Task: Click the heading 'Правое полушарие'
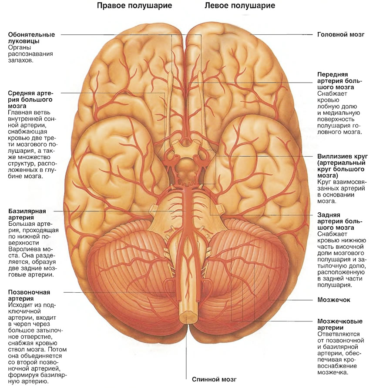[134, 6]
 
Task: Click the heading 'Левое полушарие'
[240, 6]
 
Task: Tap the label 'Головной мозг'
[341, 34]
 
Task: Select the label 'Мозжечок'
[334, 300]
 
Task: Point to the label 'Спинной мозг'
[214, 379]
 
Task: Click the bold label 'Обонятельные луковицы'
[31, 37]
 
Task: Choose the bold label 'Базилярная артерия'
[27, 214]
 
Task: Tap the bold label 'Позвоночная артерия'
[29, 295]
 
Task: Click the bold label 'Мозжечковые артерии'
[340, 324]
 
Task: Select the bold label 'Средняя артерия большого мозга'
[30, 100]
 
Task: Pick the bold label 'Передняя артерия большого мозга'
[339, 80]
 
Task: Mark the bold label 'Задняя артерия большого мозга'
[339, 221]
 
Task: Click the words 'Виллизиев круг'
[343, 157]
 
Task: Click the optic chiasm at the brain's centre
[186, 150]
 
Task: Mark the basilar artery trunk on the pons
[186, 211]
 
